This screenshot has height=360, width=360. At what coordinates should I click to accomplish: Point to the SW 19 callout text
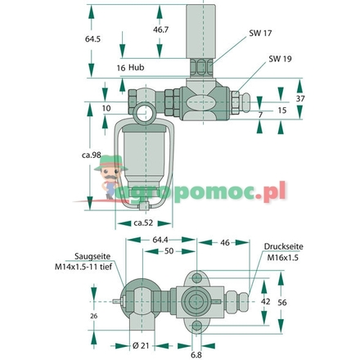pos(279,60)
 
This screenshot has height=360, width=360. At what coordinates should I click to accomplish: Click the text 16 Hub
pos(130,67)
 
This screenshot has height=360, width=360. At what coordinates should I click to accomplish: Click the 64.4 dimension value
pos(160,241)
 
